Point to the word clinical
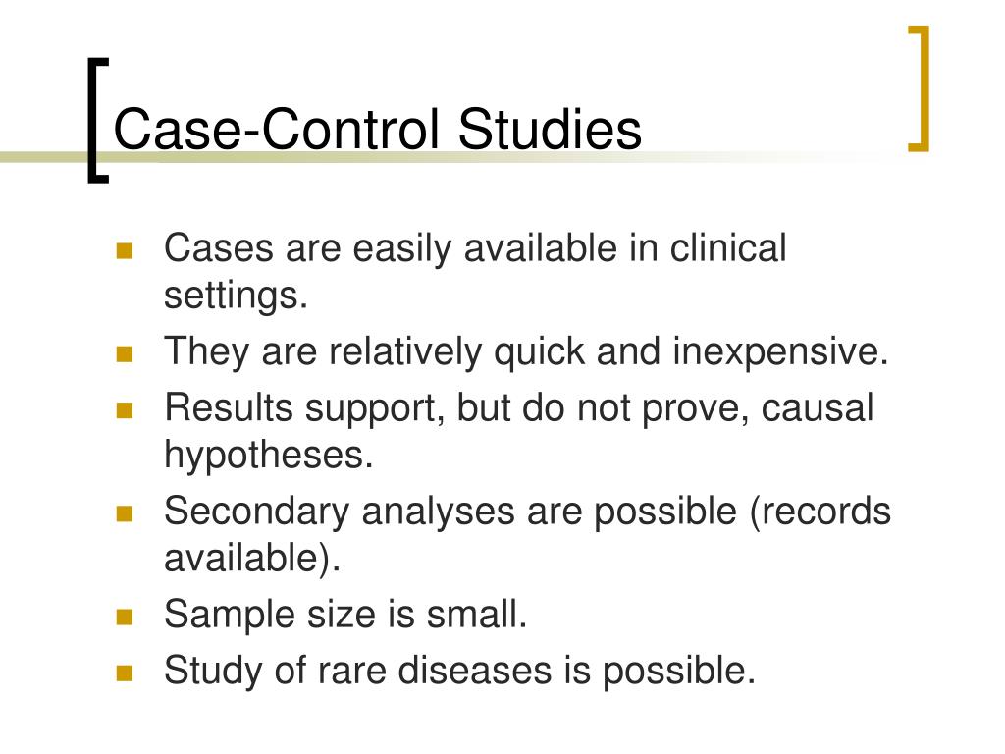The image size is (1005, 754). coord(728,249)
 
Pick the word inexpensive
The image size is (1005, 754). coord(780,351)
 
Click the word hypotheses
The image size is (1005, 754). coord(269,457)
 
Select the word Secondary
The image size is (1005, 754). coord(255,512)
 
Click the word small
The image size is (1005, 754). coord(477,616)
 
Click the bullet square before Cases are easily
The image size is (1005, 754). coord(125,250)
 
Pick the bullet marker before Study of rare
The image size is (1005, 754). coord(125,673)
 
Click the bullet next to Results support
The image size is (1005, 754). coord(125,409)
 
